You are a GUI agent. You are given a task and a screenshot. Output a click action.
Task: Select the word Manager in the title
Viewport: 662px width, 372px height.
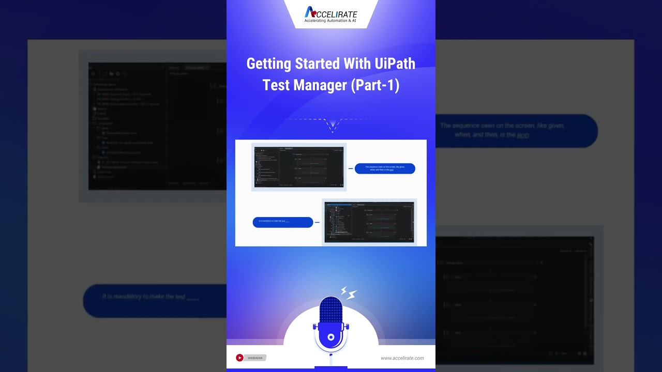320,85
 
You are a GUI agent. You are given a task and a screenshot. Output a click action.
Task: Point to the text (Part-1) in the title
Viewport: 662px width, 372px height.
375,85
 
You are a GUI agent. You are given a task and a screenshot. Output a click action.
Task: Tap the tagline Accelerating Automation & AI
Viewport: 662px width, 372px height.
330,21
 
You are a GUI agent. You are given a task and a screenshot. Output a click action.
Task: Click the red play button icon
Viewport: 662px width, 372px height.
239,358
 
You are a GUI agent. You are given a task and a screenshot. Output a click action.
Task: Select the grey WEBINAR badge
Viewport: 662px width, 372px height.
255,358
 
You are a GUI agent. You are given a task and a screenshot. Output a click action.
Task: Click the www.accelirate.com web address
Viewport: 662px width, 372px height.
402,358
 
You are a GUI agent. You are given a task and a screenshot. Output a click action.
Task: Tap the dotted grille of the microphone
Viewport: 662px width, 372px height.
330,309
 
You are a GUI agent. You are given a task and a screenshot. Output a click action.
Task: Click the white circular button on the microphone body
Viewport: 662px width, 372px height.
331,337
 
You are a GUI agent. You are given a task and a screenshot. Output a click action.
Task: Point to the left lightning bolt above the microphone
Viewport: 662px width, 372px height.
343,291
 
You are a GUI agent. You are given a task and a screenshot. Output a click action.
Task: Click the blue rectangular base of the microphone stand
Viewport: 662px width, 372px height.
330,367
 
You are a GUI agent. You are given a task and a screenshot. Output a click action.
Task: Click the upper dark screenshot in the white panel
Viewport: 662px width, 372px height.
299,167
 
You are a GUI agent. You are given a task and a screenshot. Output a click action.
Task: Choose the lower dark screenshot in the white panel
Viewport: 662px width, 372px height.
369,222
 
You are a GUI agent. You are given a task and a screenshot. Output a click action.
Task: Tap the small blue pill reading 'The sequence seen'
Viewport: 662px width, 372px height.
385,168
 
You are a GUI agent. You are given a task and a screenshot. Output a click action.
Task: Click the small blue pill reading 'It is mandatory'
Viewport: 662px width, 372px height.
282,222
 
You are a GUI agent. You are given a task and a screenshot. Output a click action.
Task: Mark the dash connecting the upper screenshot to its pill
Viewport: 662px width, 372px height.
351,168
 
